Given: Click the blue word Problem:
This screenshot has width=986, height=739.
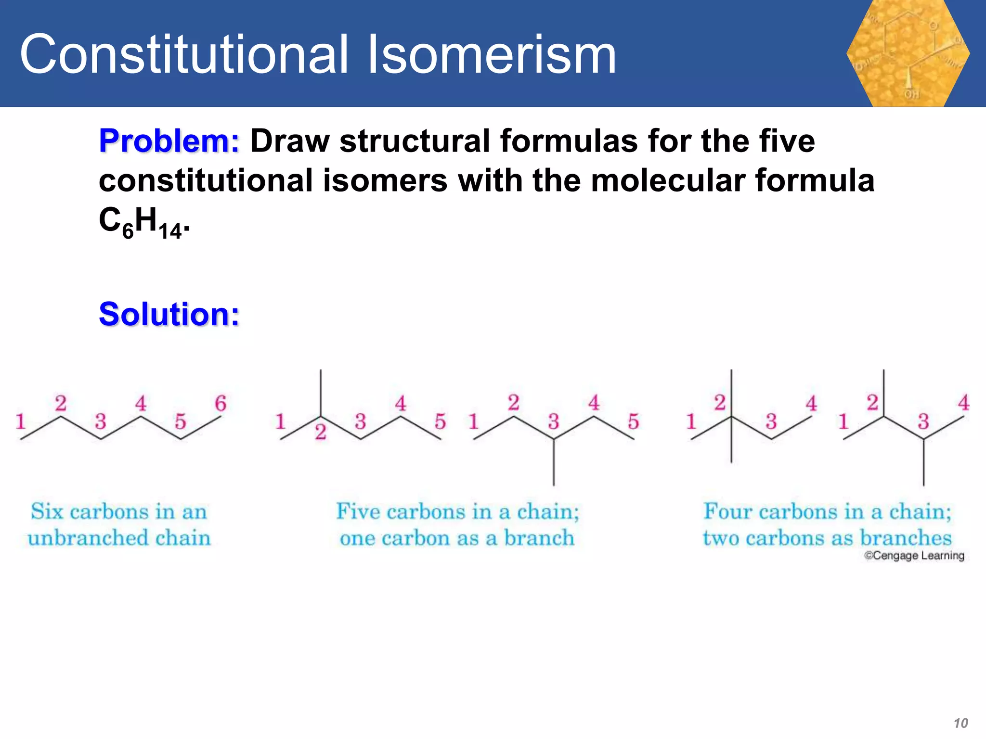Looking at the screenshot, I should pos(169,141).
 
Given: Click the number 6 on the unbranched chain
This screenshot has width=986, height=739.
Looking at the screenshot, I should pos(221,403).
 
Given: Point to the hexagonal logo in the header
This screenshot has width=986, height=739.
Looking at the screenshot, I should pos(908,53).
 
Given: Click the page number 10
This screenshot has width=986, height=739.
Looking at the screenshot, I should pos(960,723).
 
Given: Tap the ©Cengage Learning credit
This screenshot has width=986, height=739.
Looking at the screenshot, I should pos(914,555).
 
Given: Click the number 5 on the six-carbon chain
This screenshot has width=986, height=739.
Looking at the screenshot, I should pos(180,421).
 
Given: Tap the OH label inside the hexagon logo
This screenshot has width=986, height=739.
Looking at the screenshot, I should pos(911,94).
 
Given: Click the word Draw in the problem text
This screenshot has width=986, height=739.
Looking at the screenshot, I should pos(290,141).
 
